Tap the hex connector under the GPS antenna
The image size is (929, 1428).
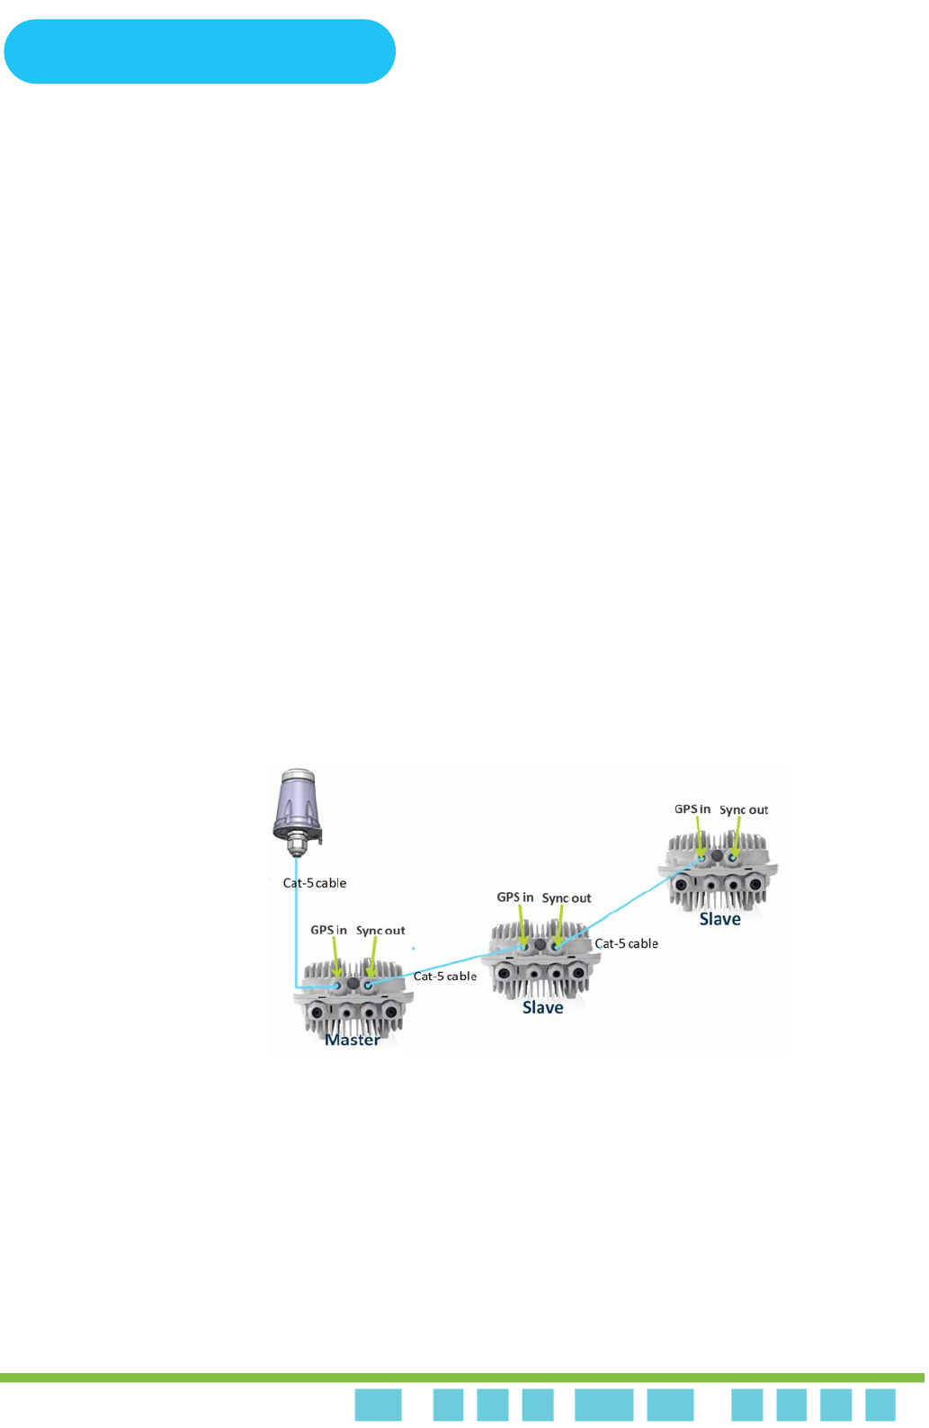[296, 845]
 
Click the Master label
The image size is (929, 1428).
[352, 1040]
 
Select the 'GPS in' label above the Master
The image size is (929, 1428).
[328, 931]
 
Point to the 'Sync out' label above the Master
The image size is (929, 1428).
[380, 931]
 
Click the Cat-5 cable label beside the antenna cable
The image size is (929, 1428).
[315, 883]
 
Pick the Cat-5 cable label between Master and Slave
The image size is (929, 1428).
[445, 977]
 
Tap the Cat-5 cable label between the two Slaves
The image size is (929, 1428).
[627, 944]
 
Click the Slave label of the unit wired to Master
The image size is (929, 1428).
[543, 1008]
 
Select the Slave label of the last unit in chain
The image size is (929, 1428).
[720, 920]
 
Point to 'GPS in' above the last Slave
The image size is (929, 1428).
[692, 809]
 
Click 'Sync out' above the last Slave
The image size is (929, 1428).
[744, 810]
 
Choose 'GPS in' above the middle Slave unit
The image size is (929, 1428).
[515, 897]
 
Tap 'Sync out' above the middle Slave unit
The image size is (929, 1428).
[567, 898]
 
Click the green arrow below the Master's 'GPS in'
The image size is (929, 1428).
[336, 959]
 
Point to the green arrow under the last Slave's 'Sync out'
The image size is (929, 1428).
[737, 836]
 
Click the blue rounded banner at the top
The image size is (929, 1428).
[200, 51]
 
